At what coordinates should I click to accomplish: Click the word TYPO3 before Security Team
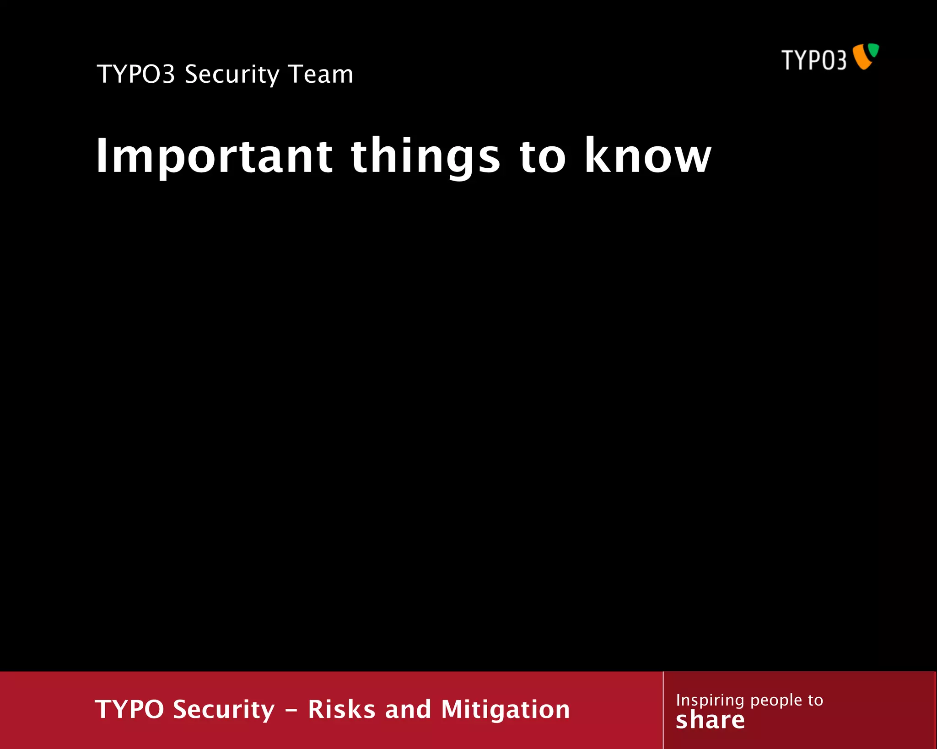point(136,74)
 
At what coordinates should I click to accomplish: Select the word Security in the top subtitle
point(232,75)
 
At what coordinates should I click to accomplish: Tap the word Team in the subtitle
point(321,74)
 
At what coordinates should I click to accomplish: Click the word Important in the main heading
point(214,156)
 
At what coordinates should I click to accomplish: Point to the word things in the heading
point(425,156)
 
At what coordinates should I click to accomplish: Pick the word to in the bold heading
point(543,156)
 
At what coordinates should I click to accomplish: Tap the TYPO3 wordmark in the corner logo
point(813,60)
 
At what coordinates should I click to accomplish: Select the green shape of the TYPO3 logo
point(873,50)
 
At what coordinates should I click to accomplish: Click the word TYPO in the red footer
point(129,709)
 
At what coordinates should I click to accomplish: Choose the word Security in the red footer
point(224,710)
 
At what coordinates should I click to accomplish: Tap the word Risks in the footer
point(342,709)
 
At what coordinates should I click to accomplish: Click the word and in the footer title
point(408,709)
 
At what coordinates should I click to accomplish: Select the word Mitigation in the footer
point(506,710)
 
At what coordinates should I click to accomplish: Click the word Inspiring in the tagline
point(710,701)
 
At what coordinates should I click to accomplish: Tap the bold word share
point(710,720)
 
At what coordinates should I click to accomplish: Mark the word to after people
point(815,700)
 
